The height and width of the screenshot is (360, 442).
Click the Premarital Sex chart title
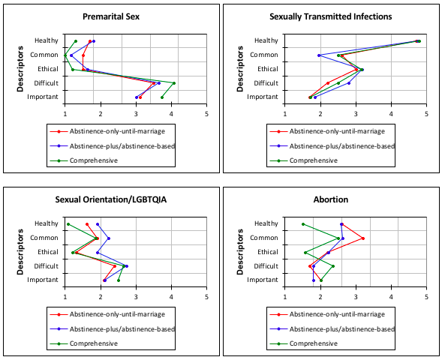click(x=111, y=16)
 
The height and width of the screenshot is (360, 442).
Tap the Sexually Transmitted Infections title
click(x=331, y=16)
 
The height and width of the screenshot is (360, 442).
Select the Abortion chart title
click(x=331, y=199)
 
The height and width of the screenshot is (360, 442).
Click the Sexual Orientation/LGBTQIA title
click(x=111, y=199)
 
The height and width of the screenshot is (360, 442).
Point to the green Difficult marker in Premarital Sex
click(x=174, y=83)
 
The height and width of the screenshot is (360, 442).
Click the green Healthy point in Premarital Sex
click(x=76, y=41)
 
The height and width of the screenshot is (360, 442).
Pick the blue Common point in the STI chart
click(x=319, y=55)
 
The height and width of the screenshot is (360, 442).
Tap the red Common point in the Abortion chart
click(x=363, y=238)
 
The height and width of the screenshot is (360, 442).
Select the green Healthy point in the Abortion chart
click(x=303, y=224)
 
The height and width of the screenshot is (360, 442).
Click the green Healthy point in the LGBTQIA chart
click(x=68, y=224)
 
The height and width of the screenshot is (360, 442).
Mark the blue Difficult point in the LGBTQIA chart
click(x=127, y=266)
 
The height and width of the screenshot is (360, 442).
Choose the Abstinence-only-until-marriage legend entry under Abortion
click(x=327, y=314)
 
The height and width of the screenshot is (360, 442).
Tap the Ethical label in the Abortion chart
click(x=268, y=252)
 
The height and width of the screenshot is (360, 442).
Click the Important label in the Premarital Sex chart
click(x=43, y=97)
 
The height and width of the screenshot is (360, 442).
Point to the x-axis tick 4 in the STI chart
click(x=391, y=114)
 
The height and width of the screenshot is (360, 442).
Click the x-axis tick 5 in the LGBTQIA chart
click(x=206, y=296)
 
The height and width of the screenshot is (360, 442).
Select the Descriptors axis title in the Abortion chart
click(x=240, y=252)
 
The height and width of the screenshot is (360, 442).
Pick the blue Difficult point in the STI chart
click(x=349, y=83)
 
